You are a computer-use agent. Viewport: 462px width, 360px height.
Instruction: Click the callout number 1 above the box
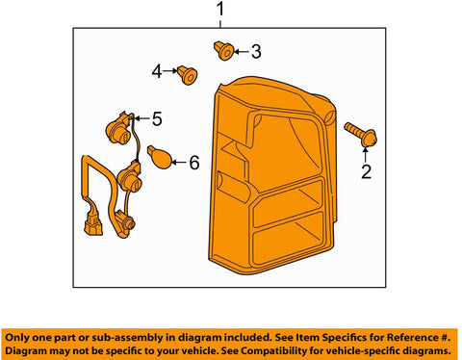[x=220, y=10]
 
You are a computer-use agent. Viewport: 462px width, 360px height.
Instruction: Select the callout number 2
[x=366, y=171]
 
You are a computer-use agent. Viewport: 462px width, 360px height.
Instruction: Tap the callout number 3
[x=256, y=52]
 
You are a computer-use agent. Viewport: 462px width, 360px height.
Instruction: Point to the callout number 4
[x=157, y=71]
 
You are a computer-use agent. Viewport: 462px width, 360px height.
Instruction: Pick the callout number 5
[x=157, y=119]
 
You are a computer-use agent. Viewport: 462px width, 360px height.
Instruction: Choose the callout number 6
[x=194, y=163]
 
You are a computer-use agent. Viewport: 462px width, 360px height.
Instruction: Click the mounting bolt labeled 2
[x=361, y=135]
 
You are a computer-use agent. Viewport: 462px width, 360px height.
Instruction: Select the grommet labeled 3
[x=223, y=51]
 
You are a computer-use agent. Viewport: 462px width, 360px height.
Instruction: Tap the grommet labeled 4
[x=187, y=75]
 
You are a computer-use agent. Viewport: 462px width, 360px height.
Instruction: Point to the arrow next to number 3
[x=242, y=52]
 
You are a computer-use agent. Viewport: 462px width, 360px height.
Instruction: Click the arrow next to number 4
[x=170, y=71]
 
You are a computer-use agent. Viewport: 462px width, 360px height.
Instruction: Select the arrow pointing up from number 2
[x=366, y=154]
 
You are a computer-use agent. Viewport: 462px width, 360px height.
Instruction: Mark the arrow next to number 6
[x=180, y=163]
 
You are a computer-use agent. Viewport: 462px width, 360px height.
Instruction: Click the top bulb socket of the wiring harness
[x=118, y=129]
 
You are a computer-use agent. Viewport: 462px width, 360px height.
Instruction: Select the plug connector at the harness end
[x=93, y=225]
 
